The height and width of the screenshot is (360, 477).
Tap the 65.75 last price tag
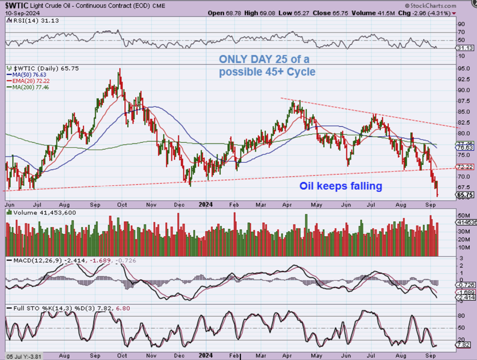(465, 195)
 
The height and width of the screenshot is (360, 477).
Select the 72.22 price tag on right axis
(465, 167)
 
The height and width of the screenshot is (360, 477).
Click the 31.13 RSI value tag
(465, 48)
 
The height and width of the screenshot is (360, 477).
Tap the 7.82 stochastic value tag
(465, 345)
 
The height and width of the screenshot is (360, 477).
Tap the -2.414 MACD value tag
(465, 298)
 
